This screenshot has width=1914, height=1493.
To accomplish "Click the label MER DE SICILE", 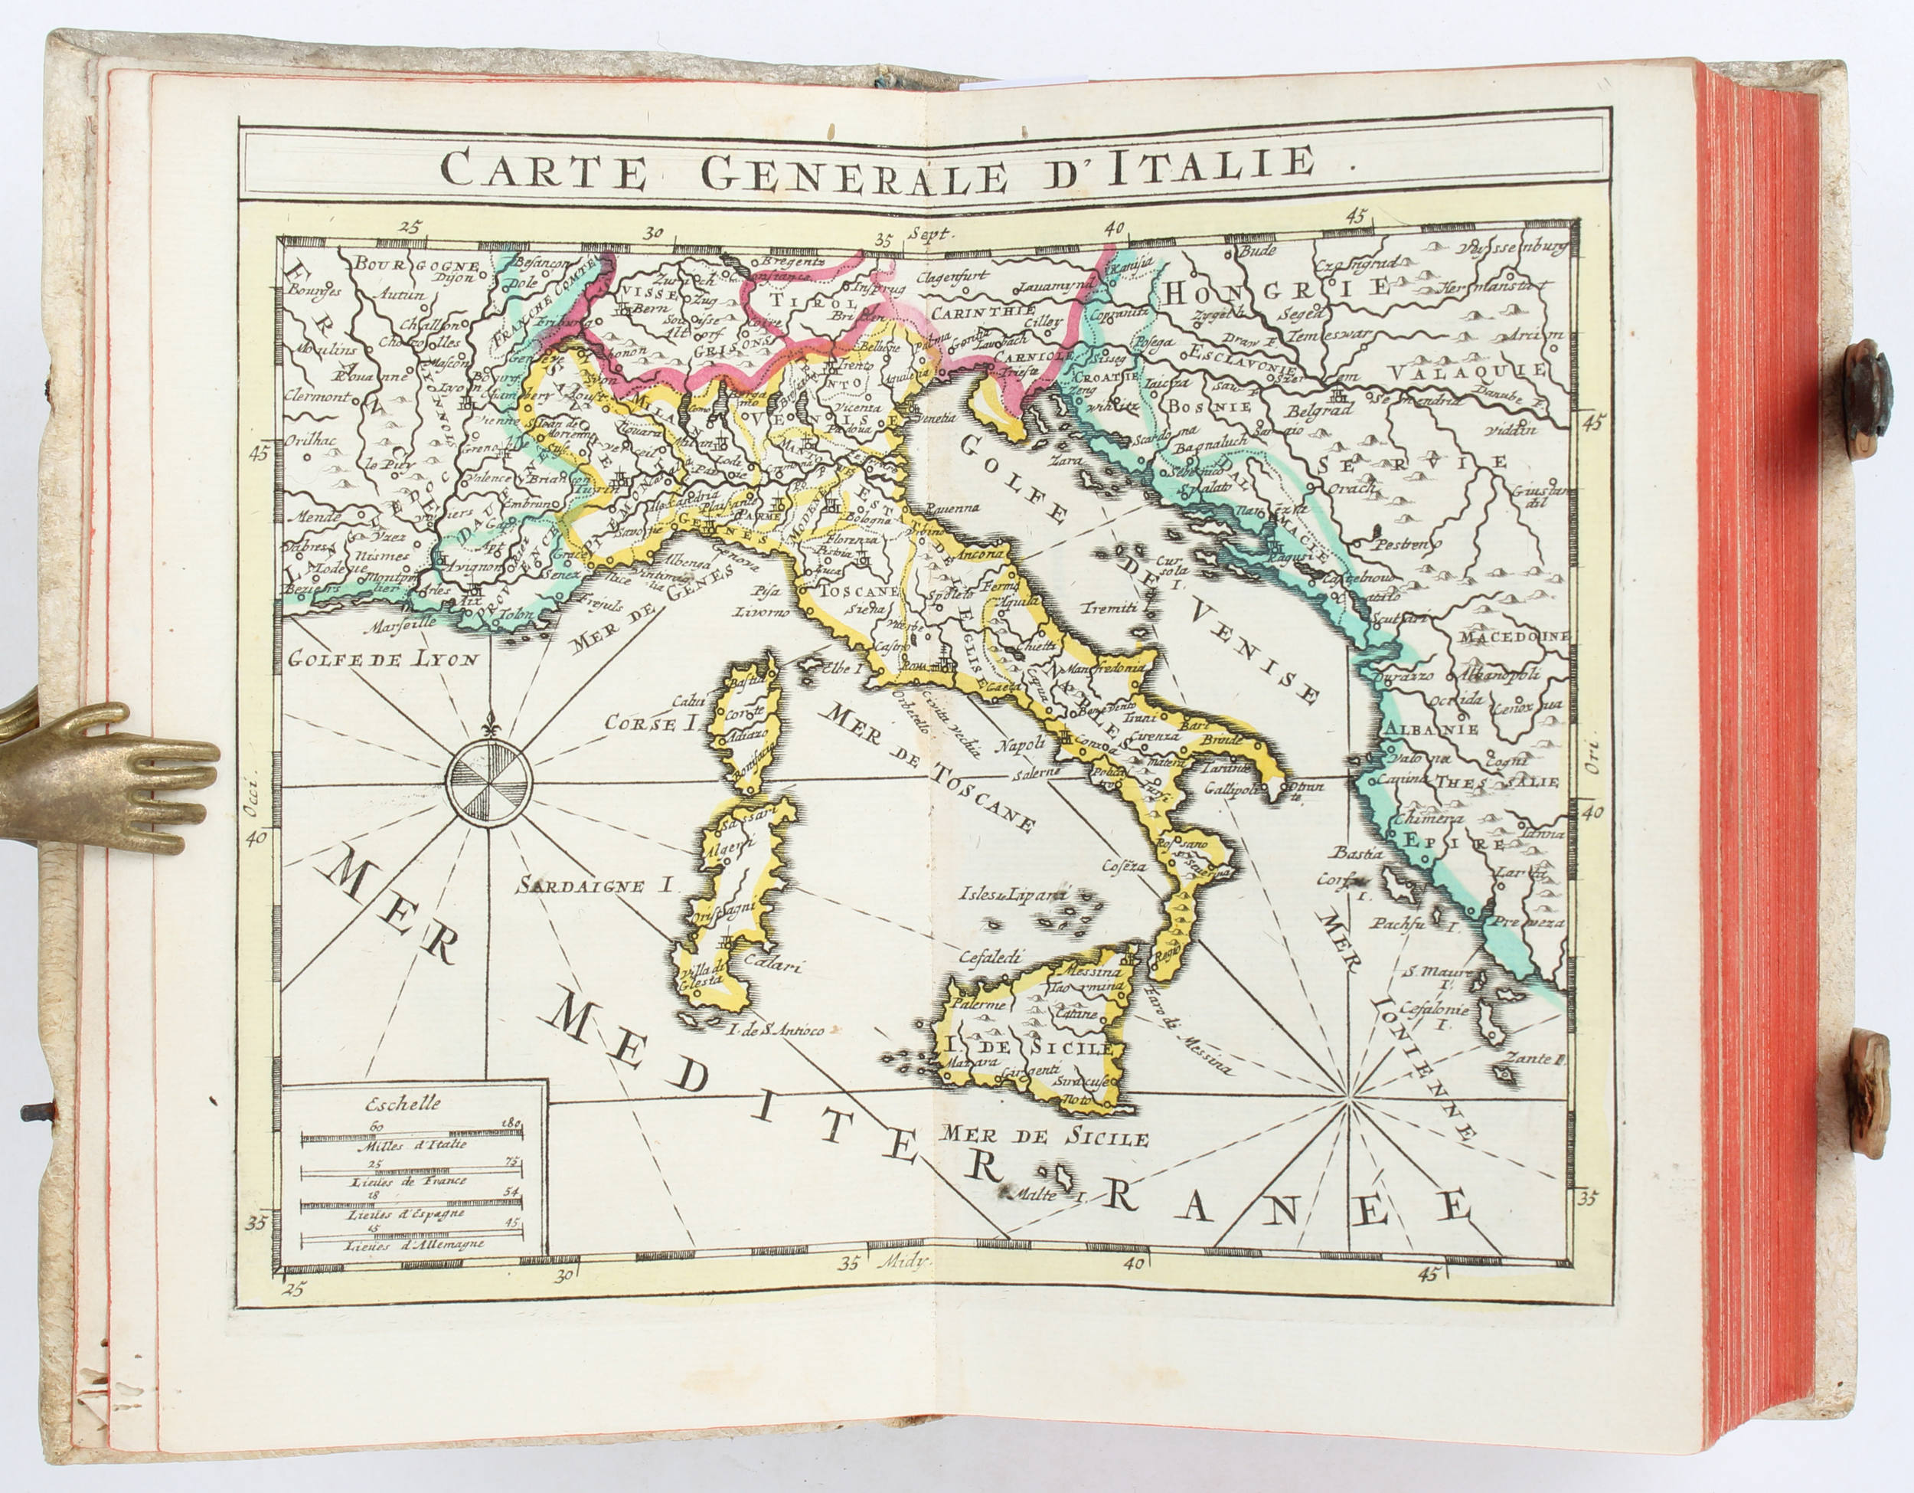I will point(1044,1137).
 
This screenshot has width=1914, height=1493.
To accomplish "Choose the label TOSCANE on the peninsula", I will point(861,591).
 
